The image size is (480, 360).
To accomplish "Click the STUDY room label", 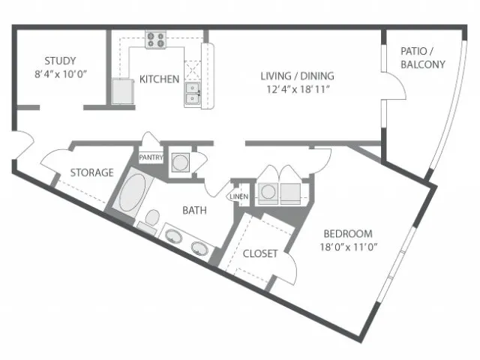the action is (60, 61).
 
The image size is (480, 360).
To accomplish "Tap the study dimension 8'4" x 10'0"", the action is (61, 74).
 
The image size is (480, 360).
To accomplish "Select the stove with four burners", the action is (156, 40).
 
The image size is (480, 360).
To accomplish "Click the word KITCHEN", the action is (159, 79).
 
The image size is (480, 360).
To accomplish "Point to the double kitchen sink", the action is (193, 93).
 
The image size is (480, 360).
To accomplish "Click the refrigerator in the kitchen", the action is (123, 91).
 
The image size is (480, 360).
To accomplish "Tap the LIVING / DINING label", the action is (297, 76).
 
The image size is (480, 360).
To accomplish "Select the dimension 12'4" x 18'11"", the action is (298, 89).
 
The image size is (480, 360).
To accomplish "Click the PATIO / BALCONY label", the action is (423, 58).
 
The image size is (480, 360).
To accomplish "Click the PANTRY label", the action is (151, 157).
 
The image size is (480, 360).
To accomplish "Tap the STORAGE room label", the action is (91, 172).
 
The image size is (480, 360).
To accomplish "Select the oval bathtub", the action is (133, 192).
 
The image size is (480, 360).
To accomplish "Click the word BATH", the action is (194, 210).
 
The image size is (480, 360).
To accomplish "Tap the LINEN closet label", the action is (239, 196).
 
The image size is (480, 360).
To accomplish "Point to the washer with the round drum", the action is (268, 193).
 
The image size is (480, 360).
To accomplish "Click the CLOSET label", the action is (260, 253).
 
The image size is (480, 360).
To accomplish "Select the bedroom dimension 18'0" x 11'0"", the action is (349, 247).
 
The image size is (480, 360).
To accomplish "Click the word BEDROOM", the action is (348, 234).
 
